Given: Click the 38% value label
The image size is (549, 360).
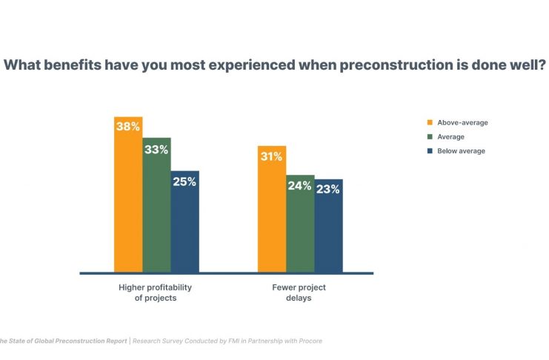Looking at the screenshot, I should (x=128, y=127).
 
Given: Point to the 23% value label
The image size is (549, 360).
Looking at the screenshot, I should (x=328, y=189).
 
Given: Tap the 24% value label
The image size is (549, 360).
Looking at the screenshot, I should (x=300, y=185).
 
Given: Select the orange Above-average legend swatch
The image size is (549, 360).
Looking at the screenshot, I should (x=429, y=122).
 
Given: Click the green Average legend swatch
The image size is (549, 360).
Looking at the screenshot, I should (x=429, y=137).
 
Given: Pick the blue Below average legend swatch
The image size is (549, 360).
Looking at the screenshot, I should (x=429, y=151).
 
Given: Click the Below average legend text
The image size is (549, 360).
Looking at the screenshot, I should (x=461, y=151).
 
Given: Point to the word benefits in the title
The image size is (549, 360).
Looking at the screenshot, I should (x=75, y=65).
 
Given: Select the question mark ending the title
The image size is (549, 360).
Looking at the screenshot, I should (x=543, y=65).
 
